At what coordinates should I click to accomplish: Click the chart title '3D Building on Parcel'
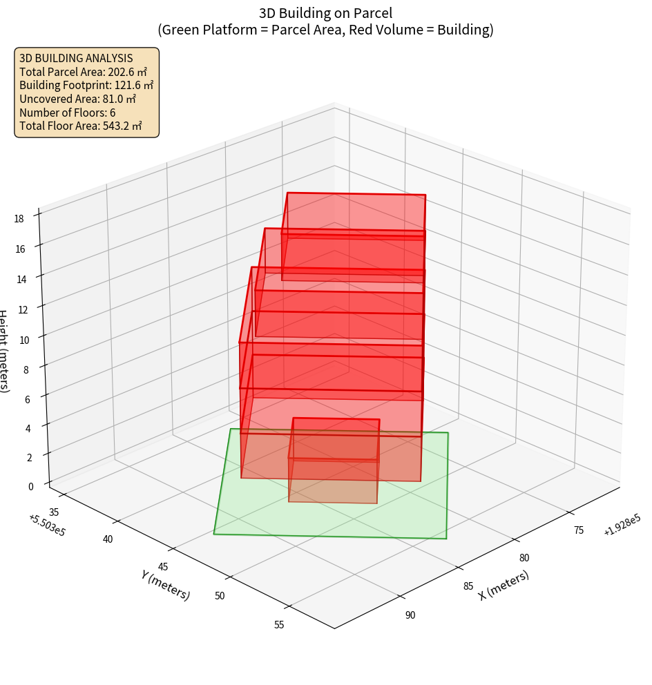[x=326, y=13]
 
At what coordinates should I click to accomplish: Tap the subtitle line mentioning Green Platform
[x=326, y=30]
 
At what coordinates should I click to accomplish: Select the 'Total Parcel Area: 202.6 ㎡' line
[x=83, y=71]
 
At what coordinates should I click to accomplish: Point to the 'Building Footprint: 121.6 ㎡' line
[x=86, y=85]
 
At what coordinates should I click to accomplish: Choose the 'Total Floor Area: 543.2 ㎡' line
[x=81, y=126]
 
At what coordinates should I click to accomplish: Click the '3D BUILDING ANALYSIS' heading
[x=76, y=58]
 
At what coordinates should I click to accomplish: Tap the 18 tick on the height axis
[x=19, y=219]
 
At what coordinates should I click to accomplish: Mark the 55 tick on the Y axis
[x=279, y=625]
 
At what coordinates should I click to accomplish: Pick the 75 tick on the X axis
[x=579, y=530]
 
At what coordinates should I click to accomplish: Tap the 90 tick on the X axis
[x=410, y=615]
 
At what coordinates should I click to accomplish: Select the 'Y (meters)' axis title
[x=165, y=584]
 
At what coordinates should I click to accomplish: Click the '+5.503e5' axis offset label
[x=47, y=525]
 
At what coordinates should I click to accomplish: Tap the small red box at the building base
[x=334, y=461]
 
